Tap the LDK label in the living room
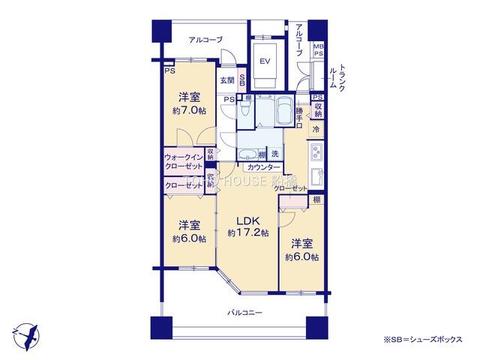(248, 221)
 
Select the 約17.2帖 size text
(247, 235)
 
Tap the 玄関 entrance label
(227, 80)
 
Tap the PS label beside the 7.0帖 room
(168, 71)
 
